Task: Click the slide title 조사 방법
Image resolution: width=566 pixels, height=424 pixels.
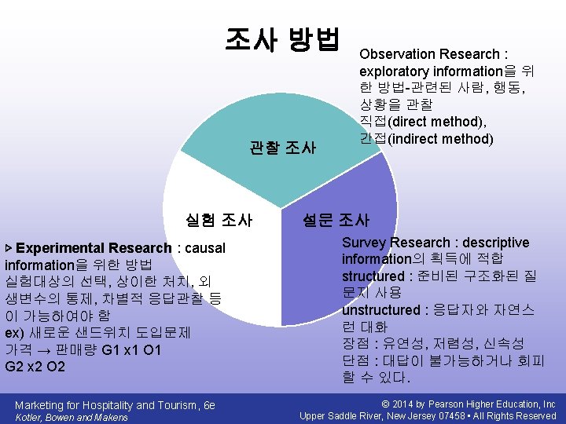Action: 282,38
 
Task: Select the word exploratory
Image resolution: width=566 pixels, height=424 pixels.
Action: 394,71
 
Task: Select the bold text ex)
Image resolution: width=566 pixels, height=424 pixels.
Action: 15,332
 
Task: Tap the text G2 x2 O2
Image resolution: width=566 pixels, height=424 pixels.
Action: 35,367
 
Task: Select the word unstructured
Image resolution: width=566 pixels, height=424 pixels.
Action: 381,310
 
